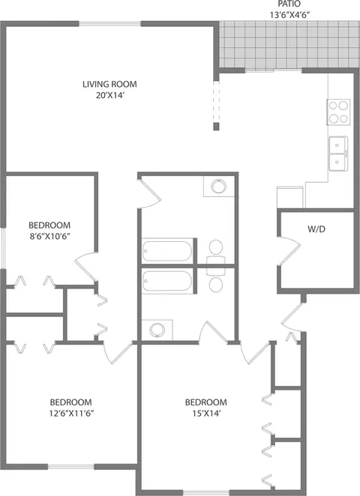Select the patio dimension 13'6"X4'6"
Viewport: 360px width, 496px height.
[x=289, y=14]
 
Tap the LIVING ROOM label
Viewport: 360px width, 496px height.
[x=109, y=84]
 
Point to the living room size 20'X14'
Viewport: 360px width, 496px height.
[x=109, y=95]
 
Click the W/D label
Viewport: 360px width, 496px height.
[x=316, y=229]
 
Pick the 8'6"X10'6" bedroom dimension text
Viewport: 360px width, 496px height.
[x=49, y=236]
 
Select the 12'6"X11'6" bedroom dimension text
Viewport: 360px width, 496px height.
[x=71, y=413]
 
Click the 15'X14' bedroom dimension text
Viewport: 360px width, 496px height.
[x=206, y=413]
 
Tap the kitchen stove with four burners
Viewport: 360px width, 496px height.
[x=338, y=112]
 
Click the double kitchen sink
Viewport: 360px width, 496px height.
[x=338, y=154]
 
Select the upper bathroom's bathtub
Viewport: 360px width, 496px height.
[x=166, y=251]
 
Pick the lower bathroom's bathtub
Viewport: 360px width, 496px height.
[x=166, y=280]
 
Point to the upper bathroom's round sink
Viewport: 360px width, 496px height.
[x=218, y=187]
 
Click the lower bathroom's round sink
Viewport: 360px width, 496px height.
[x=157, y=330]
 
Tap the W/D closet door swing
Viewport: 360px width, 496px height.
[x=289, y=250]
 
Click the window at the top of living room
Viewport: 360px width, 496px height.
[x=109, y=23]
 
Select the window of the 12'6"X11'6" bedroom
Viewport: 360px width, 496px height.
[x=71, y=467]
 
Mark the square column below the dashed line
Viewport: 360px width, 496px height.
[x=216, y=127]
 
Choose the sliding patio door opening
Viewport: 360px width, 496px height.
[x=274, y=70]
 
